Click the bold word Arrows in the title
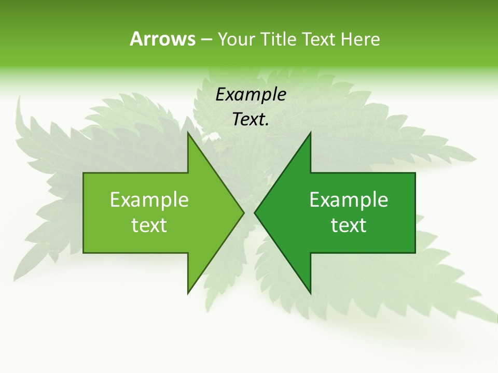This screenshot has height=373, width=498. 162,39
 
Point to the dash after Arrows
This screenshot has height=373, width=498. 206,39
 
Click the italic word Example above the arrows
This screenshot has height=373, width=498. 251,94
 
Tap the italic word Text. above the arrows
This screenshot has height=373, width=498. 251,119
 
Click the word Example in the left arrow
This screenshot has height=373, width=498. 149,199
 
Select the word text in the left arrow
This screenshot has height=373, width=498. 149,225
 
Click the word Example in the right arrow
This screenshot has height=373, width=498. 349,199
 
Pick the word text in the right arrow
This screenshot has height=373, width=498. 349,225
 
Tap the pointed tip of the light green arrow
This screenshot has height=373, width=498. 243,212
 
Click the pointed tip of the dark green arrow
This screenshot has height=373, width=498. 255,212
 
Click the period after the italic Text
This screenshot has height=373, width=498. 267,125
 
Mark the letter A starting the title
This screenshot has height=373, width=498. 136,39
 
